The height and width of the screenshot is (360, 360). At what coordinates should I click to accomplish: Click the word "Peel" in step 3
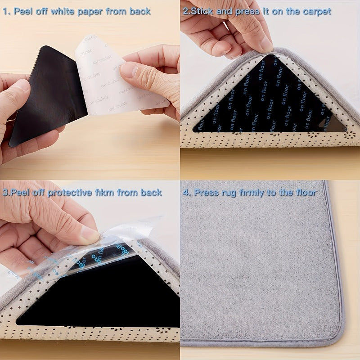click(x=22, y=193)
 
